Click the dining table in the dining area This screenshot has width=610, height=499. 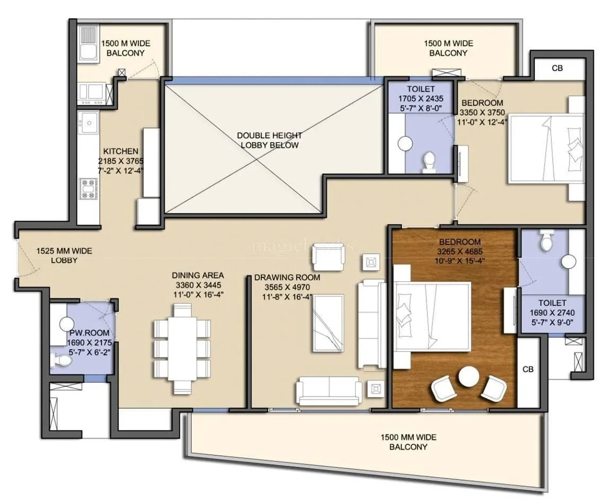click(181, 349)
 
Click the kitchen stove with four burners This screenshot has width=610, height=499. click(89, 189)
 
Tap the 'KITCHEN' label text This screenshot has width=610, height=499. click(121, 151)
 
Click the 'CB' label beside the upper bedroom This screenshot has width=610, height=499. click(557, 68)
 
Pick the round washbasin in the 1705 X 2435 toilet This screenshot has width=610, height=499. click(405, 143)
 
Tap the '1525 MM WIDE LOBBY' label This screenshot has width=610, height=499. click(57, 255)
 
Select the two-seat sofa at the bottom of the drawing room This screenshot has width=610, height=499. click(327, 391)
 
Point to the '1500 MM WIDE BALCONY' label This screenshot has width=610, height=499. click(408, 442)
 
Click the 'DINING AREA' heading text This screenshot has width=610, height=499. click(197, 275)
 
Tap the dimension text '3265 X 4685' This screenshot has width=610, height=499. click(459, 251)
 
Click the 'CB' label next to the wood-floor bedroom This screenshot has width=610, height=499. click(527, 369)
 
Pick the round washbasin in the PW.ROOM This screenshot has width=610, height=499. click(66, 324)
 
